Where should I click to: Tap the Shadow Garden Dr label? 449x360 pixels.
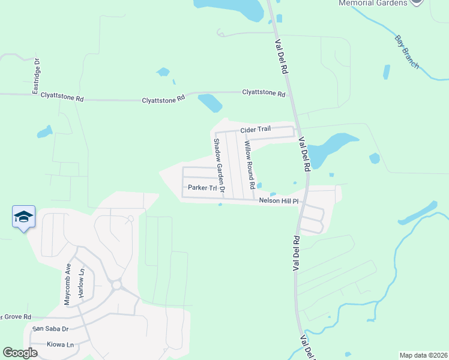(218, 166)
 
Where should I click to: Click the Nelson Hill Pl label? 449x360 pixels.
(279, 201)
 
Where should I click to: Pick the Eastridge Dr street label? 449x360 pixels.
(37, 76)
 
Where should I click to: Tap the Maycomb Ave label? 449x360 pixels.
(68, 284)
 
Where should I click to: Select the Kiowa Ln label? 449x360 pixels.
(60, 344)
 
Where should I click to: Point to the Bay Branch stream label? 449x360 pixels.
(406, 52)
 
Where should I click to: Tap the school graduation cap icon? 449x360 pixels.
(23, 217)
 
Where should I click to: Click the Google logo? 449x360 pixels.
(20, 353)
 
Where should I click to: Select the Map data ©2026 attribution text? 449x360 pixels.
(423, 355)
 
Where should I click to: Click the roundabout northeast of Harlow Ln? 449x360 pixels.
(116, 284)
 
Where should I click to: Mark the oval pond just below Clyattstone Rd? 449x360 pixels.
(210, 103)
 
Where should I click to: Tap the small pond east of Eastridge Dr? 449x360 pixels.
(44, 131)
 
